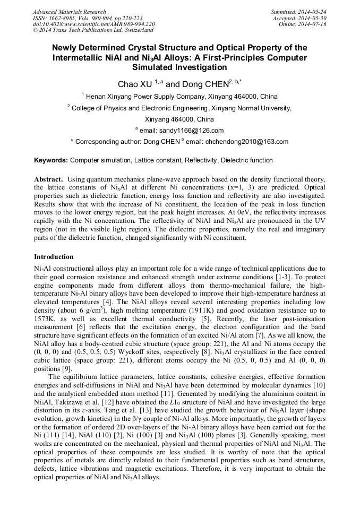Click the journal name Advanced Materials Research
69,12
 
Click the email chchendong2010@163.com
250,142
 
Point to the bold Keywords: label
51,160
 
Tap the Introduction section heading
54,256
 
